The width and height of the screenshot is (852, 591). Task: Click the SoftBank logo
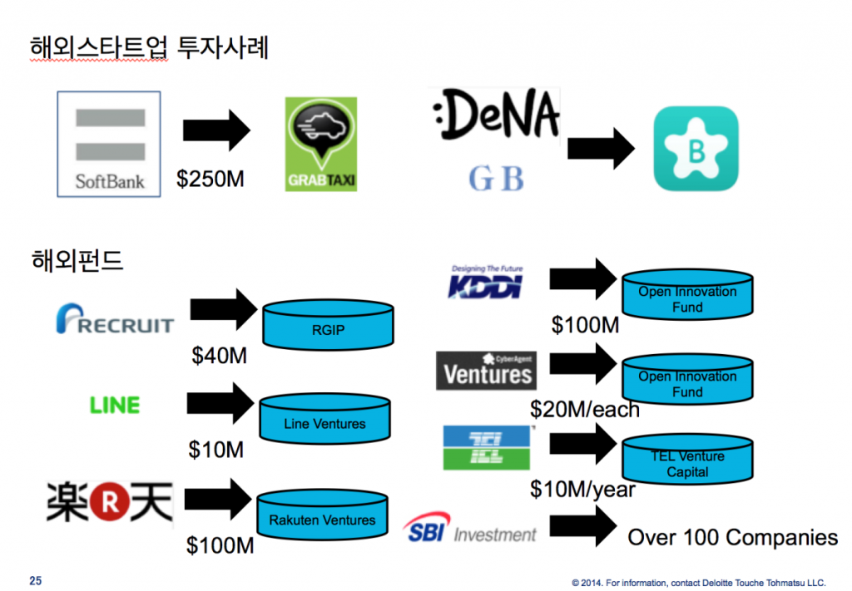(109, 144)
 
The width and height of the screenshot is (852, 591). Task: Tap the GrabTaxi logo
(320, 144)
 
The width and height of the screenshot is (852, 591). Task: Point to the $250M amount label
(211, 179)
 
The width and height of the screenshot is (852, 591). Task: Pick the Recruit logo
(115, 321)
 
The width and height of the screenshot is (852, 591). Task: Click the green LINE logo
(115, 405)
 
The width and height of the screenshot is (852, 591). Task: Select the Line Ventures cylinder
(324, 421)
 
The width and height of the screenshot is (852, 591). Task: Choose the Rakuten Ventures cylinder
(322, 517)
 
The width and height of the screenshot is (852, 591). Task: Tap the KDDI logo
(486, 283)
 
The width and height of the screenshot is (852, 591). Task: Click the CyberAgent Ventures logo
(486, 370)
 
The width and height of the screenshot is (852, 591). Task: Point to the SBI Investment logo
(470, 529)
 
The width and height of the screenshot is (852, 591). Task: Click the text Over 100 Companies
(732, 537)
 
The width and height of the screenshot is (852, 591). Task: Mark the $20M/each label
(585, 409)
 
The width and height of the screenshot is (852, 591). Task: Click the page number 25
(35, 579)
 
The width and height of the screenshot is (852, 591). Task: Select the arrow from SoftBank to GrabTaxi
(216, 131)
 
